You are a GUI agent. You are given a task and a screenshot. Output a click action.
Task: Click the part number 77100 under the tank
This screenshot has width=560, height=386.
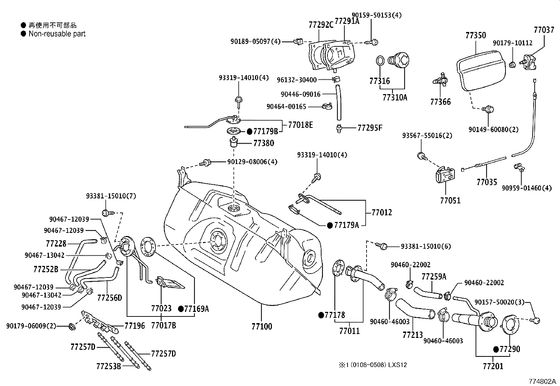pos(262,326)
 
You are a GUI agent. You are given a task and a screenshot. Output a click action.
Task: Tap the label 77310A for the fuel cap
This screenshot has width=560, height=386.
pos(395,97)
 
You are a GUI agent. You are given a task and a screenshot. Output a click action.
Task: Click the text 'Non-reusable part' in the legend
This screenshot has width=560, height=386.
pos(57,34)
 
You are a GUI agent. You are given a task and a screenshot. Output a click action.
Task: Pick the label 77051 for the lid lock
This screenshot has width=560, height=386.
pos(450,201)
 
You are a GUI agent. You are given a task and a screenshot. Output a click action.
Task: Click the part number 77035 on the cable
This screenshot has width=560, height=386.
pos(487,182)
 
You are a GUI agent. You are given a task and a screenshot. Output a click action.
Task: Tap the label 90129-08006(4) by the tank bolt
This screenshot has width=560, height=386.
pos(252,162)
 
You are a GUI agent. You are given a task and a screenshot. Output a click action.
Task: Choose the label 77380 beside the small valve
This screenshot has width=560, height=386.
pos(263,143)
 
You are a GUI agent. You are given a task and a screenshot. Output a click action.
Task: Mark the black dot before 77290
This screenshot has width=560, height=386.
pos(496,349)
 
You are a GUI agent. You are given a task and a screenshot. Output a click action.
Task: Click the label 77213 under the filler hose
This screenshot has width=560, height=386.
pos(413,335)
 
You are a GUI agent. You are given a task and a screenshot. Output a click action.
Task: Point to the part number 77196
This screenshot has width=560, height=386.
pos(135,326)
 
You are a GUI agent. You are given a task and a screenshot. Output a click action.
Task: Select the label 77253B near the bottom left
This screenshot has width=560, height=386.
pos(108,366)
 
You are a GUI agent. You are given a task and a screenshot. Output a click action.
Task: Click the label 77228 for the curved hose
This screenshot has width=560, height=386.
pos(56,243)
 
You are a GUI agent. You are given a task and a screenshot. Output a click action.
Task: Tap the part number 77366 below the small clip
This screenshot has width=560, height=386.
pos(440,102)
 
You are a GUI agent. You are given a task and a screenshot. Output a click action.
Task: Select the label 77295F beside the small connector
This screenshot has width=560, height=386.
pos(370,128)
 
